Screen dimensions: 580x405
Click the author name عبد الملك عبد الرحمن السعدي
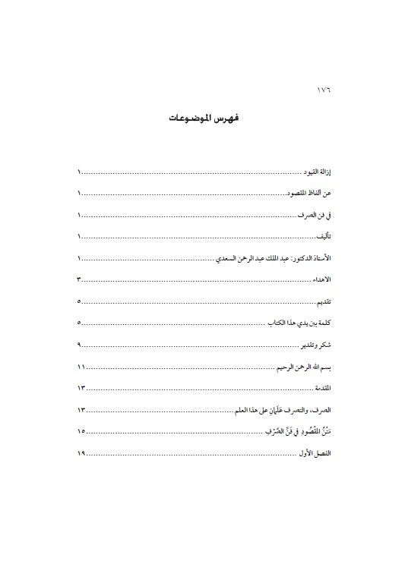(x=263, y=259)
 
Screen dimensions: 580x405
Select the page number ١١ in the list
(x=81, y=367)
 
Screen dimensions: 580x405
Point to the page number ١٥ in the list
(x=81, y=431)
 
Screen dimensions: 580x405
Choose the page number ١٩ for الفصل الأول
(x=81, y=453)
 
